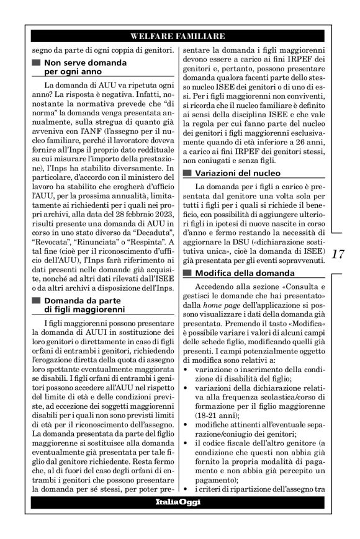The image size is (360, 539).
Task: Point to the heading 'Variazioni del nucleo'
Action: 238,172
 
